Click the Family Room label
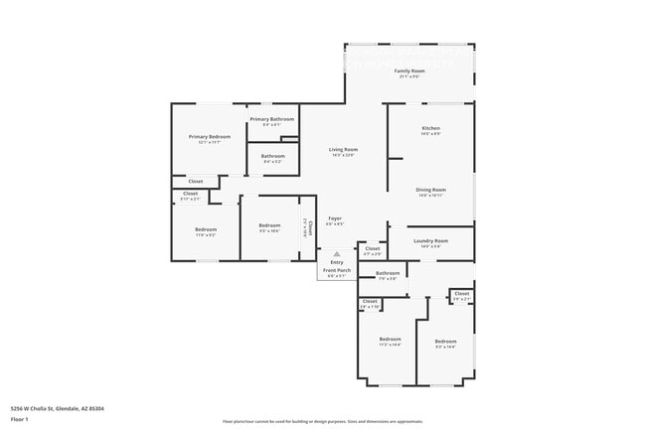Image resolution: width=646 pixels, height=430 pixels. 409,72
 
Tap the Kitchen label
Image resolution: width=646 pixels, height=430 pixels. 430,129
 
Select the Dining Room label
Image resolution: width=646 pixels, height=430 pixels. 430,190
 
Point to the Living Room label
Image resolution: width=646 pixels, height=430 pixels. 344,150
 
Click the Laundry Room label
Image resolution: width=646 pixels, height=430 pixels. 430,240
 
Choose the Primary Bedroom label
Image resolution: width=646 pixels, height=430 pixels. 210,136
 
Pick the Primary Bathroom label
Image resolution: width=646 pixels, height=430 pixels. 271,119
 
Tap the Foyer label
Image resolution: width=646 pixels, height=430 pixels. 335,218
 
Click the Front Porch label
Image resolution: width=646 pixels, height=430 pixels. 338,270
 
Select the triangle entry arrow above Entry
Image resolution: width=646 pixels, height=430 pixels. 336,254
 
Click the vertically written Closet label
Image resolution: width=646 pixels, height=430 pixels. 309,227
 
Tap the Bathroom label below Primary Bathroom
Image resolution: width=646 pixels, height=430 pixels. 273,156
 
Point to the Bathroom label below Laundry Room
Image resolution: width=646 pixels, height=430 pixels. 388,273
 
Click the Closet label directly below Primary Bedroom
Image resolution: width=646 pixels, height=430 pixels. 196,182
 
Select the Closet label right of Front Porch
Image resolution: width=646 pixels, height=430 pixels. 372,248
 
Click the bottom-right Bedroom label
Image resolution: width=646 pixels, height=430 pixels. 445,341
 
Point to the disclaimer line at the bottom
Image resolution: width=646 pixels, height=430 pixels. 322,422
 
